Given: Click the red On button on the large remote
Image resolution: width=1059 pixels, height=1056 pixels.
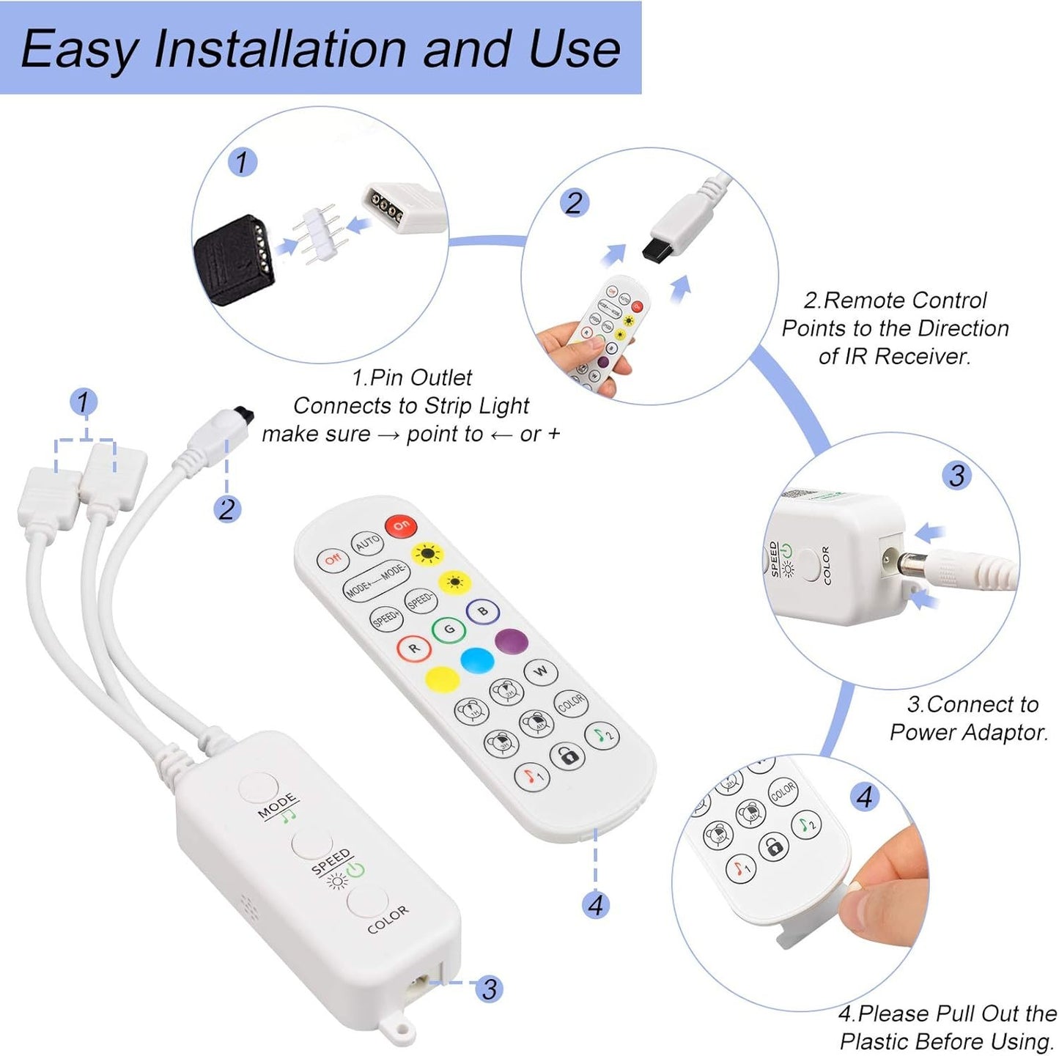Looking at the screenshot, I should [401, 525].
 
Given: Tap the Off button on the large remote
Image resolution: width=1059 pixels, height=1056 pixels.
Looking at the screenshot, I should [333, 559].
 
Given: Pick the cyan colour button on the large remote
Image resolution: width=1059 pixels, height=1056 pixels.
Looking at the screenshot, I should [477, 660].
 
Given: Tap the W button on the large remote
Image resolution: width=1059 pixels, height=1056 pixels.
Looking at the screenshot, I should [541, 671].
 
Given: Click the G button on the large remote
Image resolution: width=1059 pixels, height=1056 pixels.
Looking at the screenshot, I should [449, 629].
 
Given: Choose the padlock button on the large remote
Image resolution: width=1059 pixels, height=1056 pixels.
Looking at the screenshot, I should [568, 756].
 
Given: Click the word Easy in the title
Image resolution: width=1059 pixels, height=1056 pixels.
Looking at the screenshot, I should [79, 49].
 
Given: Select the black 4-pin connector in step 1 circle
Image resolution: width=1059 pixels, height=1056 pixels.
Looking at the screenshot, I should [234, 259].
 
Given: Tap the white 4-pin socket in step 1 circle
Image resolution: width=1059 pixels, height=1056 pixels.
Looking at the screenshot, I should [404, 209].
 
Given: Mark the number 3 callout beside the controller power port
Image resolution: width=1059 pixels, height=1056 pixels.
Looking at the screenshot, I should [489, 989].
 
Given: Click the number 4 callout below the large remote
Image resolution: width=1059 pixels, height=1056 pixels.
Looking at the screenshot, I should [595, 905].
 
